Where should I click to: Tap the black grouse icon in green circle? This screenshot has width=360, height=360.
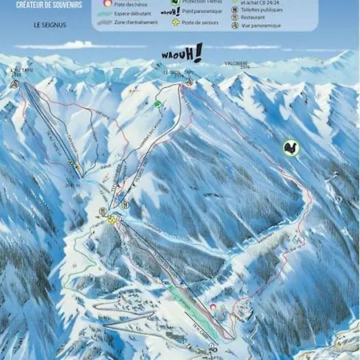tap(290, 147)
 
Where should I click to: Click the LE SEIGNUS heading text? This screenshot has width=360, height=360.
tap(48, 25)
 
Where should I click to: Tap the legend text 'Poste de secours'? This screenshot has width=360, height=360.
tap(201, 24)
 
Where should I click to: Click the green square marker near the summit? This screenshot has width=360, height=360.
tap(158, 103)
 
